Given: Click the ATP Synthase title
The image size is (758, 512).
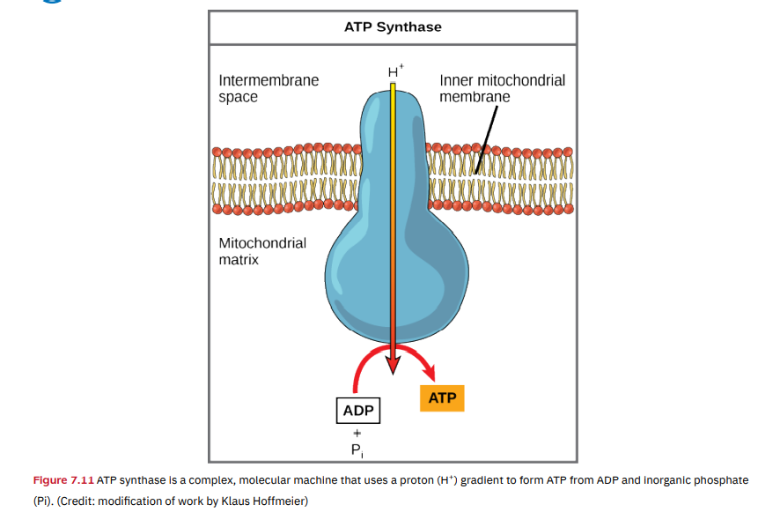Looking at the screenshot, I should click(393, 26).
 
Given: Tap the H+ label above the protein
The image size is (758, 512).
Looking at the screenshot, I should click(394, 70).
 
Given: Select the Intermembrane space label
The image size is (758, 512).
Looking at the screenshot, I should click(269, 88).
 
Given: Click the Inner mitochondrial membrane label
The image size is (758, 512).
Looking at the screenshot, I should click(502, 88).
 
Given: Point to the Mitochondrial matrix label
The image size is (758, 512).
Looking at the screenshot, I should click(262, 251).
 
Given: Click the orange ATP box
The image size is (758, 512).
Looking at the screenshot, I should click(442, 398).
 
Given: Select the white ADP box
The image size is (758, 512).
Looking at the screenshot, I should click(358, 411).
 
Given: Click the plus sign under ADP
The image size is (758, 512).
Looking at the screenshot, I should click(357, 433).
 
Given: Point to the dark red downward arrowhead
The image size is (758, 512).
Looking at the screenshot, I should click(394, 371).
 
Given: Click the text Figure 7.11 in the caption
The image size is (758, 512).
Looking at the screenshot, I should click(63, 480).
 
